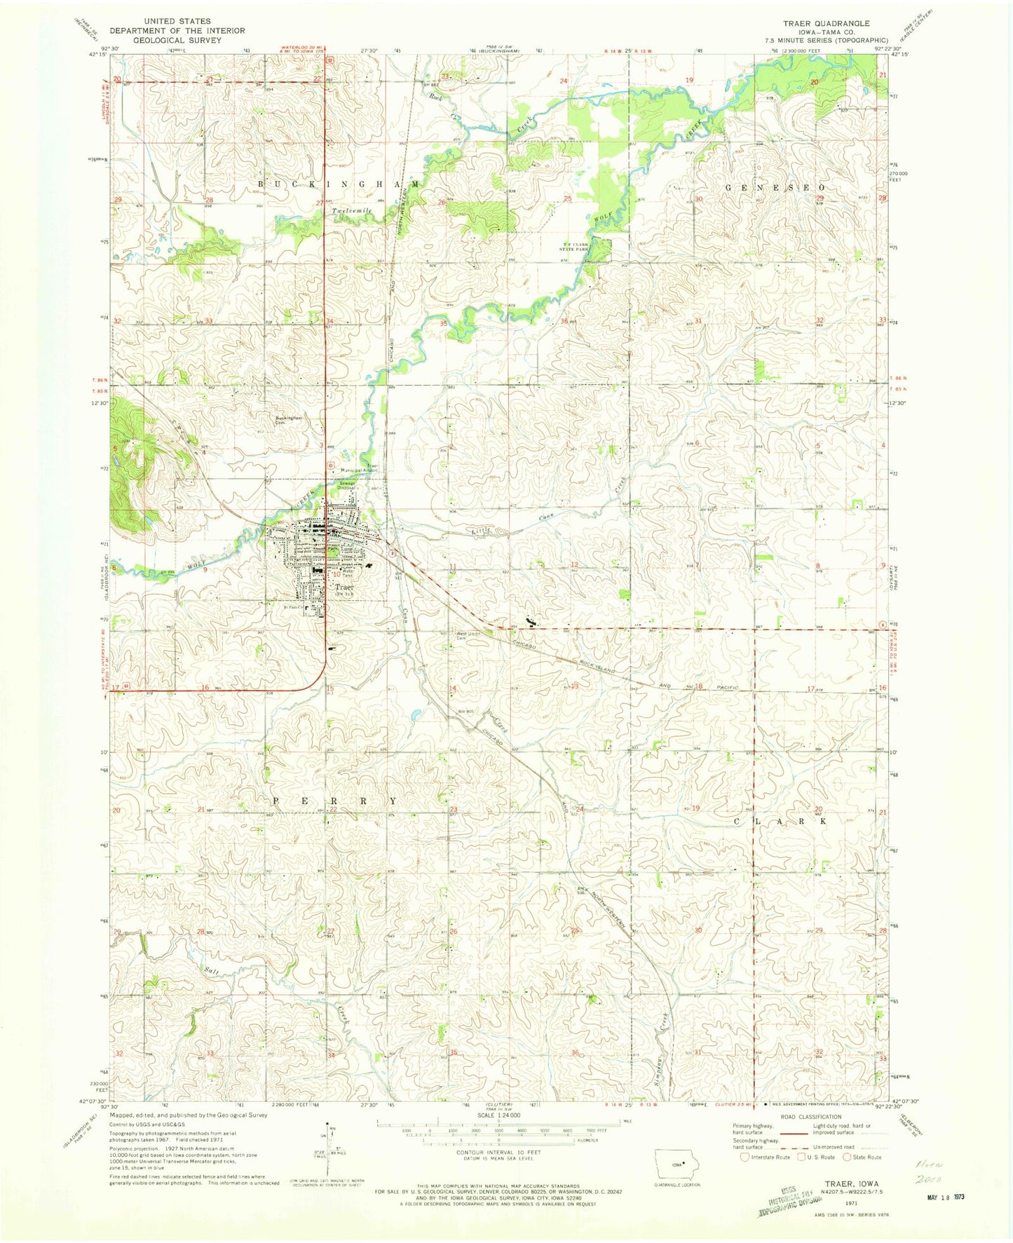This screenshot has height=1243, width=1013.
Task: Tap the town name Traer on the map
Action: (344, 587)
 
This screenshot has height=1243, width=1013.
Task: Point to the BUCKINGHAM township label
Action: (339, 184)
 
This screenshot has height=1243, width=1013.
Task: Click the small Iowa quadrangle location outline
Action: (677, 1169)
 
